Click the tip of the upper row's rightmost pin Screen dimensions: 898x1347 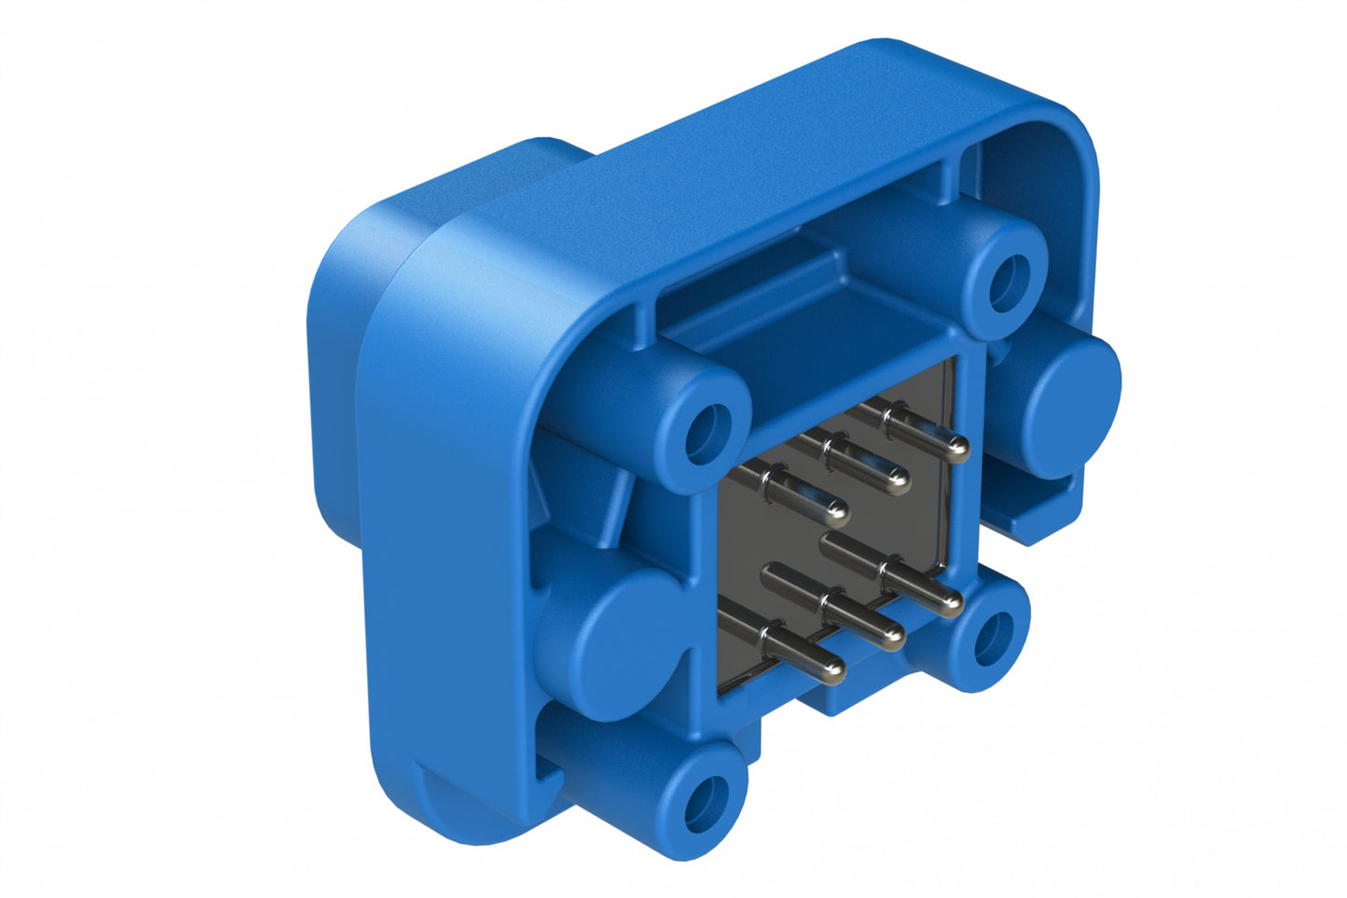tap(956, 450)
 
